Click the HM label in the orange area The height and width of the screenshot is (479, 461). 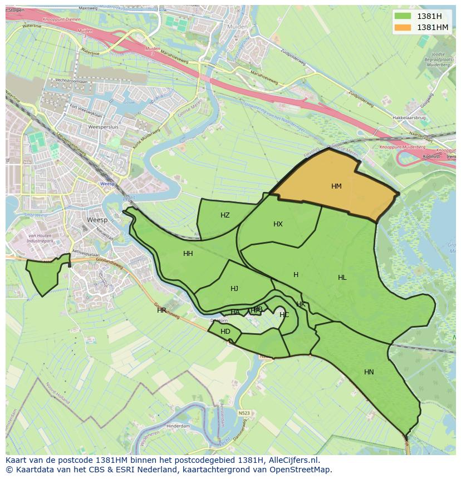336,186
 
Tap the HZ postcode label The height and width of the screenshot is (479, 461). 225,215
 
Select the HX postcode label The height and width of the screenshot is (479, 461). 278,224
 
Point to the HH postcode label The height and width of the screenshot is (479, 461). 188,254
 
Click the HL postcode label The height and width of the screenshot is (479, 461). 342,278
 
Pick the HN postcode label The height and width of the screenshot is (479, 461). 369,372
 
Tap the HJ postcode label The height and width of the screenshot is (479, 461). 234,289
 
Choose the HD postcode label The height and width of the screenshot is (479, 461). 225,332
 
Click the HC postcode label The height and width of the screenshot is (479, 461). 284,315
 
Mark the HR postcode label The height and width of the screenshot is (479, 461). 161,310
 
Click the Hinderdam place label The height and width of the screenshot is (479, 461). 178,426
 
